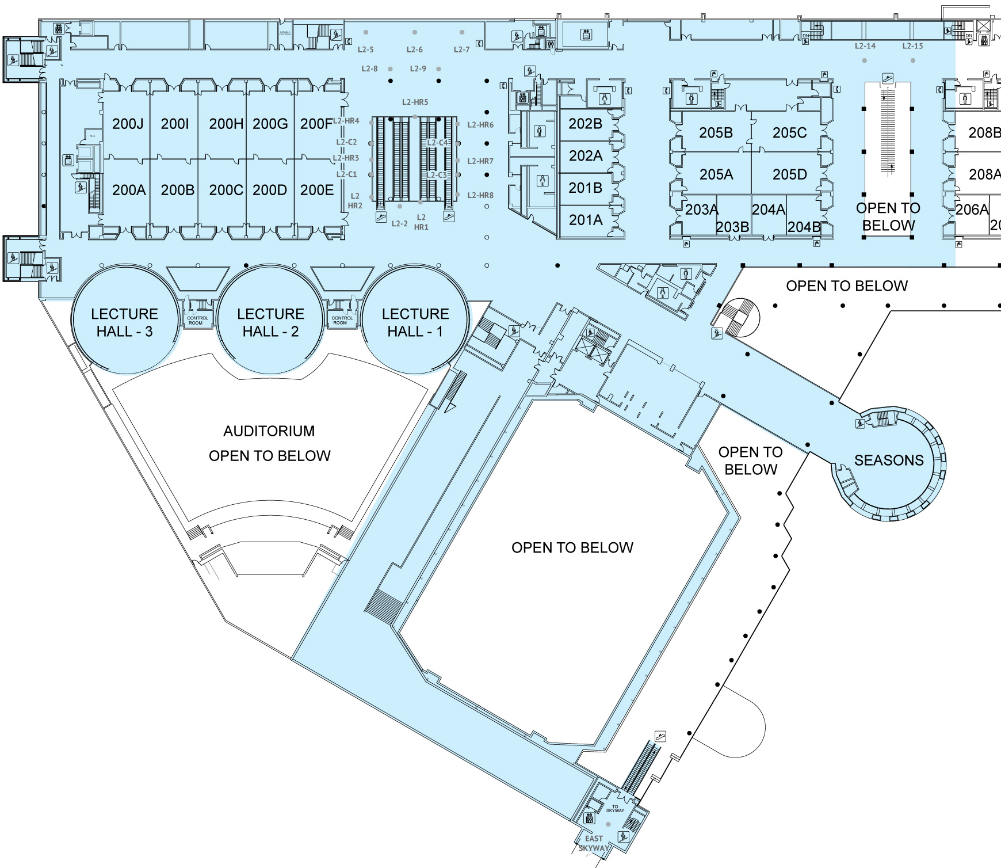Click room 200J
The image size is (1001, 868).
click(128, 124)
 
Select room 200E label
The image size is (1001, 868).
click(317, 190)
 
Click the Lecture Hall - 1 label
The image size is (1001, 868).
click(415, 322)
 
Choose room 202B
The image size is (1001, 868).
click(585, 124)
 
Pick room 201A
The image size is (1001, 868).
click(586, 220)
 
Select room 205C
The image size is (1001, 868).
click(789, 133)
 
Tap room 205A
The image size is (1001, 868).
click(716, 174)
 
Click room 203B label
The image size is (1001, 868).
click(732, 227)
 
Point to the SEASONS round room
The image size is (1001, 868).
click(889, 460)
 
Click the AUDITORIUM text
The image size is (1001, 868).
click(269, 431)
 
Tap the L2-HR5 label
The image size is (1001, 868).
click(415, 102)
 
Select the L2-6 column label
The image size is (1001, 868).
click(414, 50)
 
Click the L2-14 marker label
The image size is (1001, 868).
click(865, 46)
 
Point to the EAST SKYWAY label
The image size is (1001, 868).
click(594, 843)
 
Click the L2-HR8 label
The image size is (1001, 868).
click(480, 196)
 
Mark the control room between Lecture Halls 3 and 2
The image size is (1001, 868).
click(197, 320)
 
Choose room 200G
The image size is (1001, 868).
click(270, 124)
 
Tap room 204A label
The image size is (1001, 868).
click(769, 210)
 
